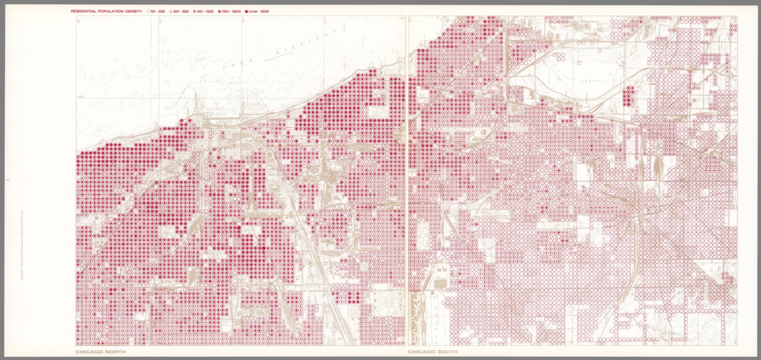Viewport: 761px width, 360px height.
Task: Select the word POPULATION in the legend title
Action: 111,11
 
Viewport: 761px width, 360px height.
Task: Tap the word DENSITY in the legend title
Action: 134,11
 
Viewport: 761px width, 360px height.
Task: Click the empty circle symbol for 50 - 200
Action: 148,11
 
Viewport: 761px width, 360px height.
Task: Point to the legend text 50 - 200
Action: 158,11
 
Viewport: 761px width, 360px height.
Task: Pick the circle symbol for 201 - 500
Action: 170,11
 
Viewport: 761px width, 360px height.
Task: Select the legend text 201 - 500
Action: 181,11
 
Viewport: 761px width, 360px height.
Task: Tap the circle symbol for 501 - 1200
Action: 195,11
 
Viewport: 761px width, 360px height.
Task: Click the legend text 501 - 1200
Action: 206,11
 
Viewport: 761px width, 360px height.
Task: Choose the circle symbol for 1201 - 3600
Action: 219,11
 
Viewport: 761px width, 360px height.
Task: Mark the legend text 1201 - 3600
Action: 231,11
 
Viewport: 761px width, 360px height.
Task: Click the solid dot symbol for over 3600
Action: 246,11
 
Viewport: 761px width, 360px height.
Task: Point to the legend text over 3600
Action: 259,11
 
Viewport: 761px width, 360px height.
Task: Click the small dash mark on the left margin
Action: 5,180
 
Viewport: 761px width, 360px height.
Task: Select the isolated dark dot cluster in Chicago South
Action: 629,96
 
